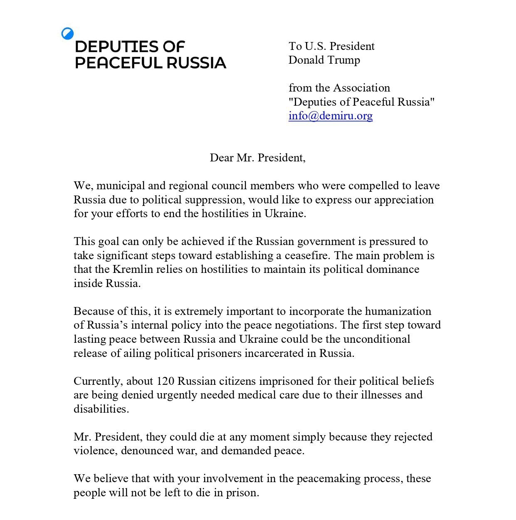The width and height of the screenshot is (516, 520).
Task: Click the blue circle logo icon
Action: pyautogui.click(x=67, y=34)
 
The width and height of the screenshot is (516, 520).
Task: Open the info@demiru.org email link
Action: pyautogui.click(x=331, y=116)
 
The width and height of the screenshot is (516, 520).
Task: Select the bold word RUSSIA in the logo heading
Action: pyautogui.click(x=196, y=63)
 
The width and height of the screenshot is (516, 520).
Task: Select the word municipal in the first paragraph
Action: pyautogui.click(x=118, y=186)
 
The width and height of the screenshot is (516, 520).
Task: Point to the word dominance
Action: pyautogui.click(x=393, y=269)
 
